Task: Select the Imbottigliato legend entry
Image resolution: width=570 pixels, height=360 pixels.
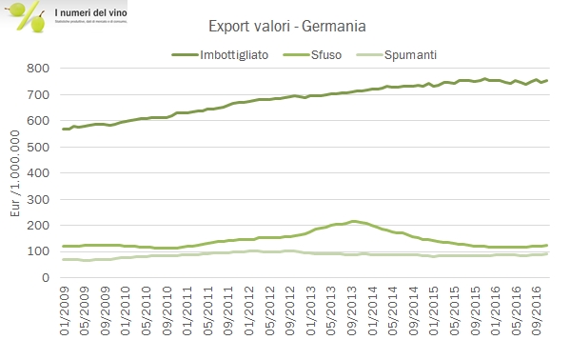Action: click(234, 54)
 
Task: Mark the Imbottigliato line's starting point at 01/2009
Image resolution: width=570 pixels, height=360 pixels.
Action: click(63, 129)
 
